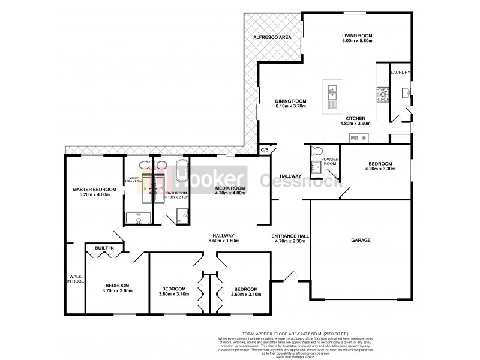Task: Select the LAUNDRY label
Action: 400,72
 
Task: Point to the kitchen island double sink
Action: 332,92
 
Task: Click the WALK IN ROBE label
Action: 74,279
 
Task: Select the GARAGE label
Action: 361,240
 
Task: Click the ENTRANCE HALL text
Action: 290,236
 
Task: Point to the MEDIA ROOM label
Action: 230,188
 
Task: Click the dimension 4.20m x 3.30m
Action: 380,170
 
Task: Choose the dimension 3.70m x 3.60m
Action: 118,291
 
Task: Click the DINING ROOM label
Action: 290,101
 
